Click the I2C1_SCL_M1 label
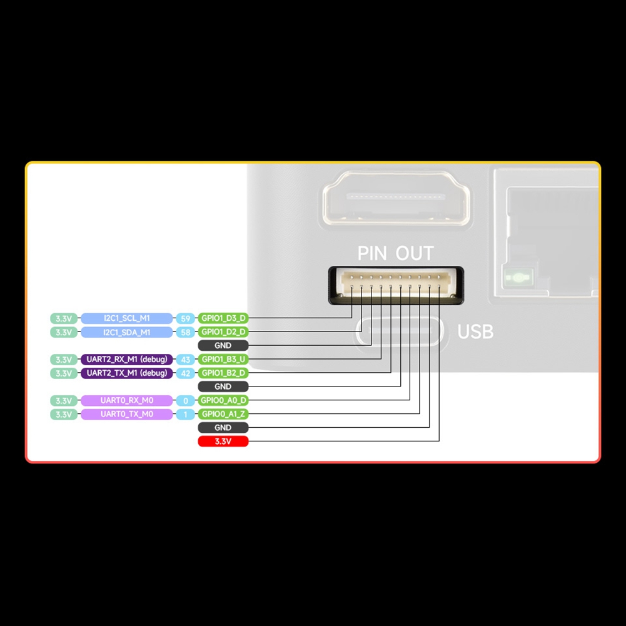point(126,318)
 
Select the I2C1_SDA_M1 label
point(126,332)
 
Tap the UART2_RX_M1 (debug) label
point(126,360)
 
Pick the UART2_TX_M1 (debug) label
point(126,373)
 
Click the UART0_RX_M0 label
point(126,400)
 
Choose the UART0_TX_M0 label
point(126,414)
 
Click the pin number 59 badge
point(185,318)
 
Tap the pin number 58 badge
point(185,332)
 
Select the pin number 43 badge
point(185,360)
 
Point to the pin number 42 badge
point(185,373)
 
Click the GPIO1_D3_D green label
point(223,318)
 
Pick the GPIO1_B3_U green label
point(223,360)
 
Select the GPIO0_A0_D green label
point(223,400)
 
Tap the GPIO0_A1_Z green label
point(223,414)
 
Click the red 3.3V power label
point(223,442)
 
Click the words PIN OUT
point(395,253)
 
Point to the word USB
point(475,331)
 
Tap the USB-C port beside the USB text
point(401,331)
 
